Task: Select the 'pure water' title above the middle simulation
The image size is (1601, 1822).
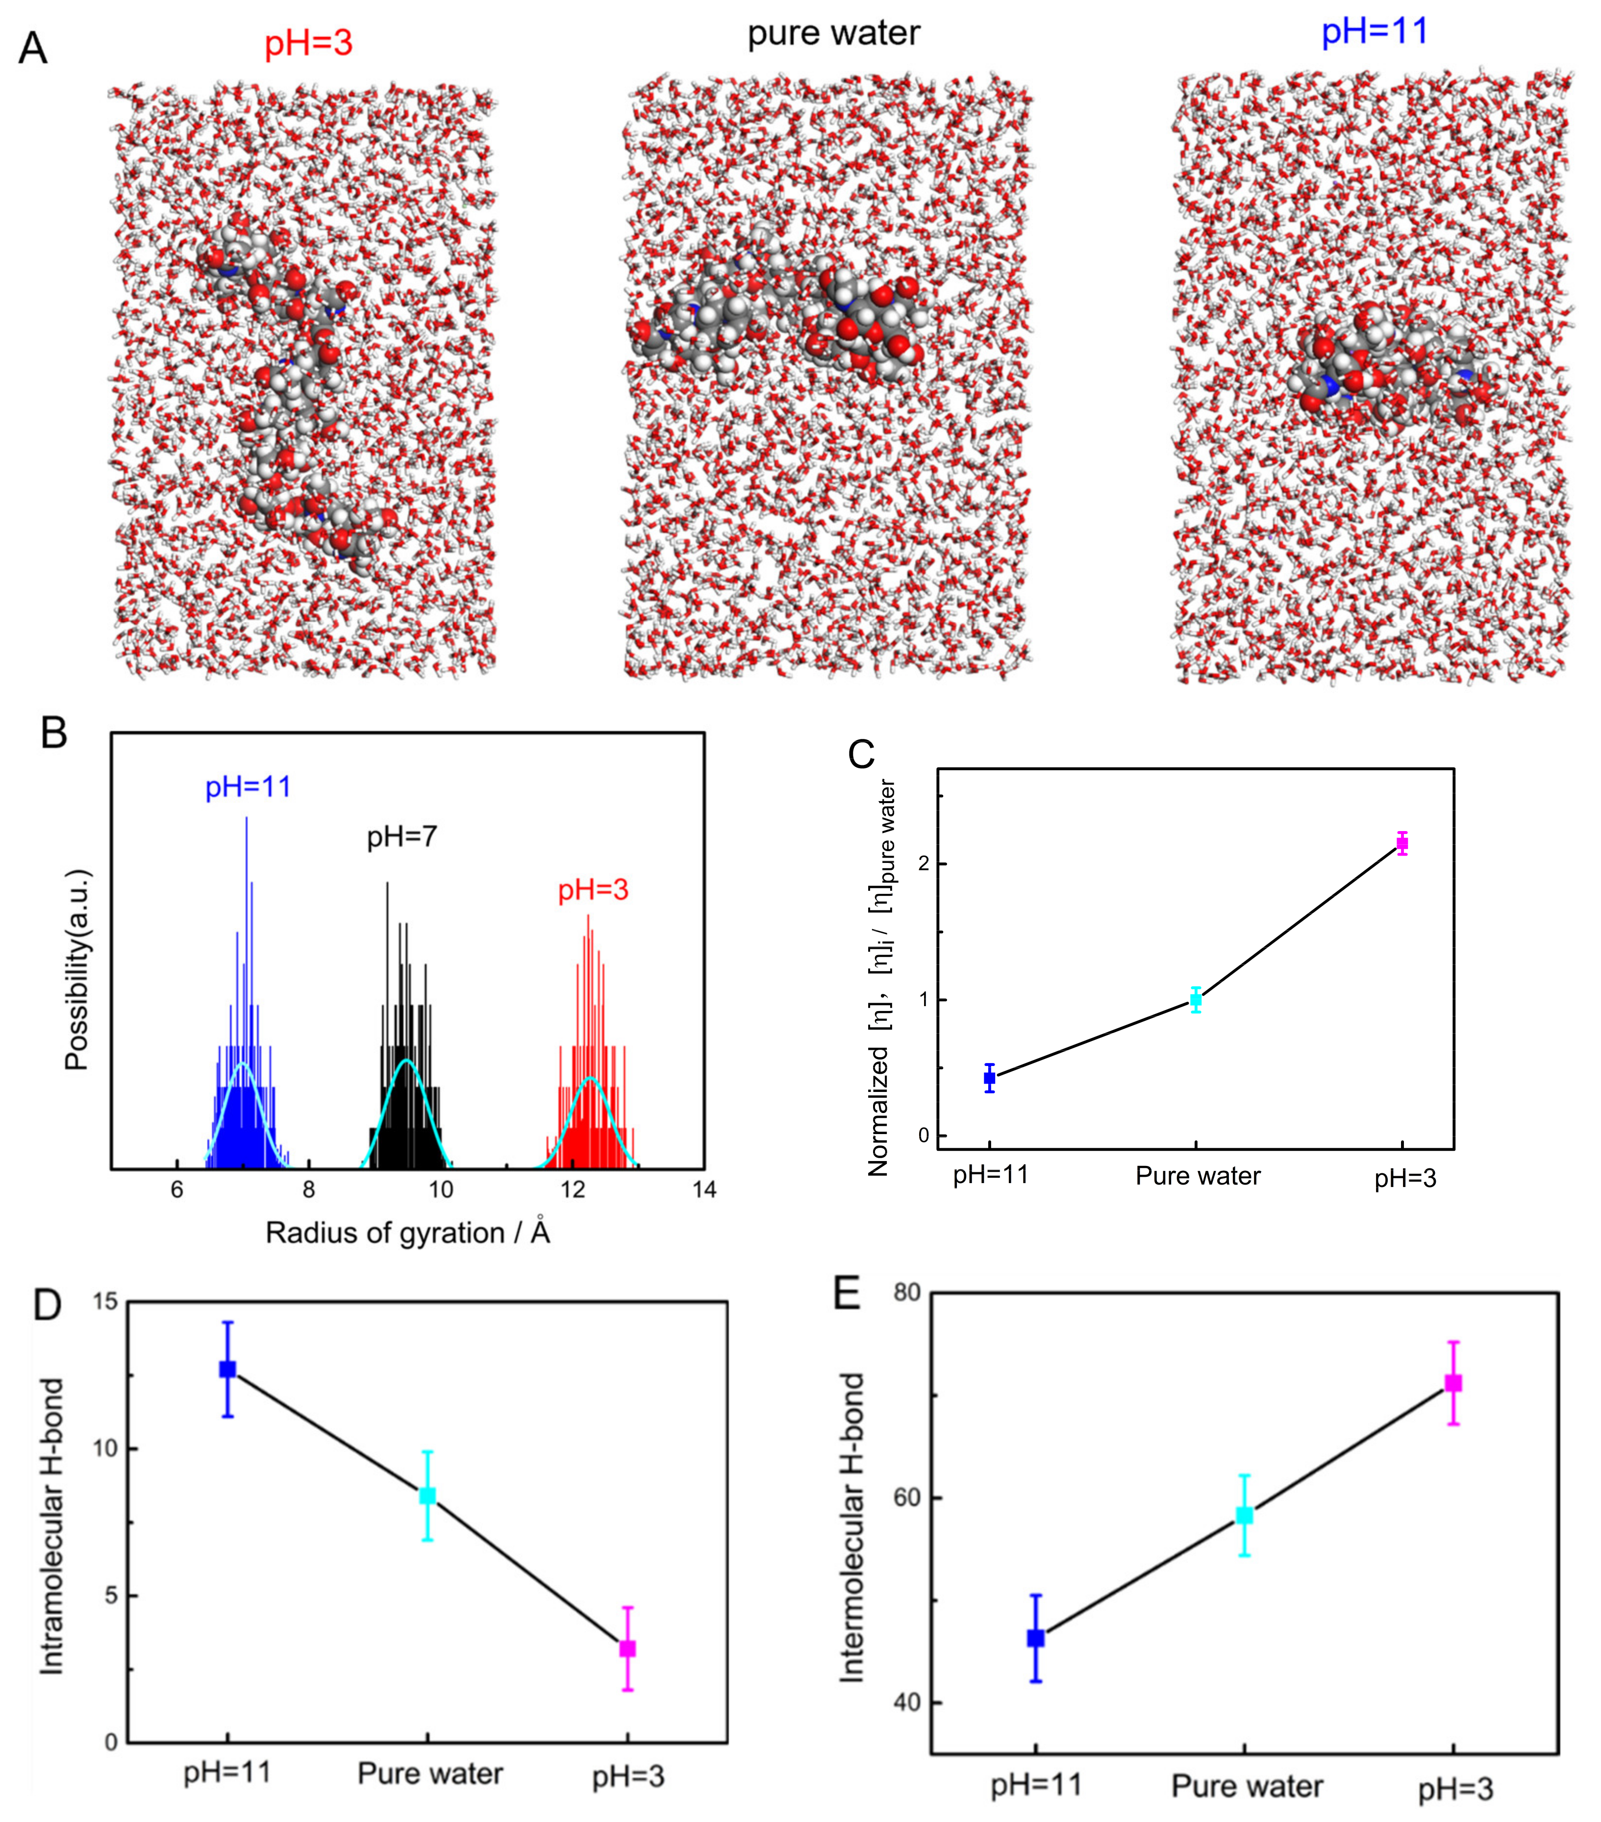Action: tap(833, 34)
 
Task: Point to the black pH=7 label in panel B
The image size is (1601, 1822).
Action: tap(402, 837)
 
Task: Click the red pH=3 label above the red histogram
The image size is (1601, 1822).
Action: tap(593, 889)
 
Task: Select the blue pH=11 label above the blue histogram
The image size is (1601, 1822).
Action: tap(248, 787)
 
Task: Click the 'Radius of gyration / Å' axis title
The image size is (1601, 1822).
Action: tap(407, 1233)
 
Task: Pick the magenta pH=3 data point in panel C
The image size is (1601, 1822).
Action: tap(1402, 843)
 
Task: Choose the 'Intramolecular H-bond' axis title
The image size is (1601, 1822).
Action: tap(51, 1526)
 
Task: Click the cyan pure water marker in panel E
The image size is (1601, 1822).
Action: tap(1245, 1516)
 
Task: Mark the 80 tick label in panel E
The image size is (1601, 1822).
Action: tap(906, 1292)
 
